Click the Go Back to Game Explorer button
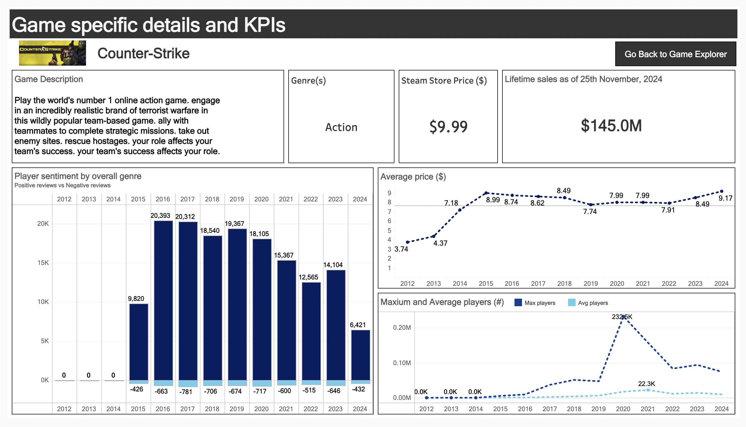click(675, 54)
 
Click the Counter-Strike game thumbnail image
click(52, 53)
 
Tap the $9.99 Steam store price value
click(448, 127)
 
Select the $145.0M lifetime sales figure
click(611, 126)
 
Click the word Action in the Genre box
click(341, 127)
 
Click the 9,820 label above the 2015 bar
click(136, 298)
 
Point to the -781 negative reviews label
click(186, 392)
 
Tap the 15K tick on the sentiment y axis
click(43, 263)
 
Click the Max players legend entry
click(535, 303)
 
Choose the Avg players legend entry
click(588, 303)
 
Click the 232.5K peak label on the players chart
click(622, 317)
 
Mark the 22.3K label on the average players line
click(646, 384)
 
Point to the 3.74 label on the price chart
click(401, 249)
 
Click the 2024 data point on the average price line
click(721, 192)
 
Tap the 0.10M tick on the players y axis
click(402, 363)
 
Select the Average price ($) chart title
click(413, 177)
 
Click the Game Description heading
click(49, 79)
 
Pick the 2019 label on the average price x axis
click(591, 284)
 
